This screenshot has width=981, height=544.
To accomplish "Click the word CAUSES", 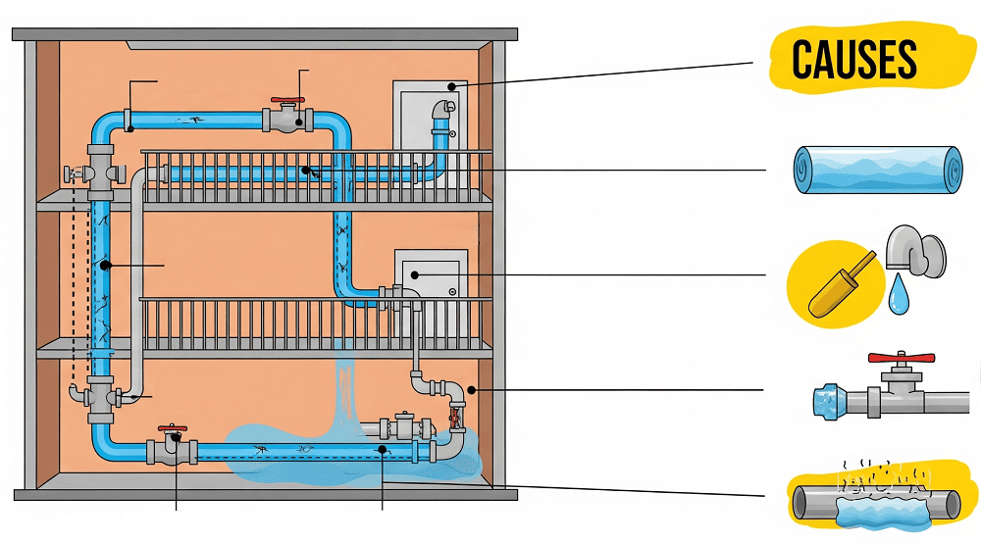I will click(853, 60).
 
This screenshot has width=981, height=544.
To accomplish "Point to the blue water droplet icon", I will click(899, 295).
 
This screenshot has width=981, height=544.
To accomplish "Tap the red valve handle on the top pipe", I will click(288, 102).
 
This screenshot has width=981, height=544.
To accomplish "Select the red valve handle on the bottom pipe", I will click(174, 428).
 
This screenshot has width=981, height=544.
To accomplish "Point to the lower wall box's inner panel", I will click(424, 276).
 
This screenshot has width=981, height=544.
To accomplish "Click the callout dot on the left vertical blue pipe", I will click(102, 265).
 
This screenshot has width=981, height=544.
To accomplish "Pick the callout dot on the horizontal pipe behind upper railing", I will click(306, 171).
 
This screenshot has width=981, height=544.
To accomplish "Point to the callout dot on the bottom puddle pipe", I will click(381, 450).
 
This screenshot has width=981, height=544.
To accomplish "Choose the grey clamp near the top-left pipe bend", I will click(129, 120).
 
